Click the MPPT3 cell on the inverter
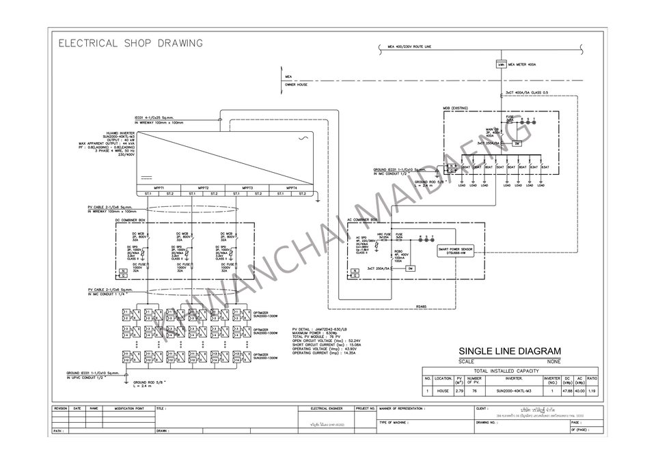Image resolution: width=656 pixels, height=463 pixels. tap(247, 187)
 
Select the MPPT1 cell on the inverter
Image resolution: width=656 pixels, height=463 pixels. tap(159, 187)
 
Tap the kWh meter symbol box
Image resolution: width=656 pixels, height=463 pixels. tap(501, 65)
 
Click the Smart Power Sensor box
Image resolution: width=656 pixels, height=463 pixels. tap(456, 251)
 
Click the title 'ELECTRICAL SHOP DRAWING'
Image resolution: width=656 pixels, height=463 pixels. tap(131, 44)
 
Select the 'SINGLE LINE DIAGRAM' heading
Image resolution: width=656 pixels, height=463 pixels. tap(510, 351)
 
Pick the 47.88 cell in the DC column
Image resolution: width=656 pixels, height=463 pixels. tap(566, 391)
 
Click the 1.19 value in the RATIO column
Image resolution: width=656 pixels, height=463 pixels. tap(592, 391)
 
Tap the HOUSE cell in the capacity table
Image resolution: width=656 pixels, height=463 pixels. tap(443, 391)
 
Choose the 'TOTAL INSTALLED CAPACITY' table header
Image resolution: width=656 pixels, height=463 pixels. tap(510, 369)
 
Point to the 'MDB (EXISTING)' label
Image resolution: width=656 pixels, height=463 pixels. tap(455, 109)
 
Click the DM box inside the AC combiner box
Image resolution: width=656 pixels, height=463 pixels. tap(411, 268)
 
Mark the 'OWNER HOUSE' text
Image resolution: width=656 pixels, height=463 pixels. tap(296, 85)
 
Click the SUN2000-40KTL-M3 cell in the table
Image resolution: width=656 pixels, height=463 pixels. tap(513, 391)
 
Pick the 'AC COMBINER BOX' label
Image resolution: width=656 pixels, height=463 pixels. tap(362, 220)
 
